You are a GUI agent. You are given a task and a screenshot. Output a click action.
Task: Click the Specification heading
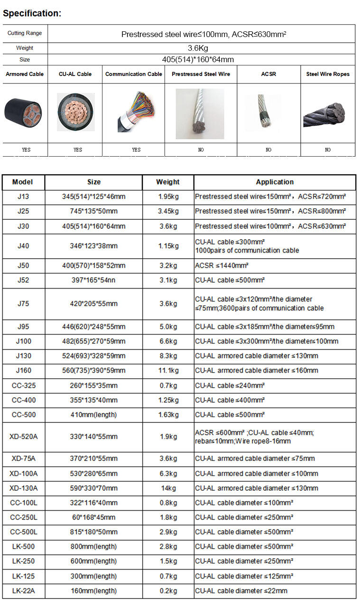[x=32, y=13]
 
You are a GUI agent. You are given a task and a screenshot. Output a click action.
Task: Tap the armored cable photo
[x=24, y=113]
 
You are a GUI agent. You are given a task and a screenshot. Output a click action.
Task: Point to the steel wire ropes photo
[x=328, y=114]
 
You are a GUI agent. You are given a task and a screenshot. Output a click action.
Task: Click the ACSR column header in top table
[x=268, y=74]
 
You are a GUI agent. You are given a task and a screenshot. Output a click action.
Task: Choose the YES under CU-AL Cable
[x=78, y=150]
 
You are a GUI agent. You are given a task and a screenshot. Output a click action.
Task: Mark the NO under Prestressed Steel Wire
[x=201, y=150]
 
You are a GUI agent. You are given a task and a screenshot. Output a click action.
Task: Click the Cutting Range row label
[x=25, y=33]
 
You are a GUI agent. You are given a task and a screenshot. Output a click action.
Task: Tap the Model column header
[x=23, y=182]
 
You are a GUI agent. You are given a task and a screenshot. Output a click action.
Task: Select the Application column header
[x=275, y=182]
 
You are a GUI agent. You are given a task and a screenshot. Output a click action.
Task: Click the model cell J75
[x=23, y=304]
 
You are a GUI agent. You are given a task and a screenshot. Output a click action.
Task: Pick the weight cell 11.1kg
[x=168, y=370]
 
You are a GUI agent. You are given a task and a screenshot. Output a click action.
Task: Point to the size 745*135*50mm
[x=93, y=211]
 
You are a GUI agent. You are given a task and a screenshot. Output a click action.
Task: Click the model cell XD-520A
[x=23, y=437]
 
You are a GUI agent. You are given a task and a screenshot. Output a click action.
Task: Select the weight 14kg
[x=168, y=488]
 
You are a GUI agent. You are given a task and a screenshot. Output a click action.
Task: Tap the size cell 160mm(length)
[x=93, y=591]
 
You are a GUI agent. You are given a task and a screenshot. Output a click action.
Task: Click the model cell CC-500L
[x=23, y=532]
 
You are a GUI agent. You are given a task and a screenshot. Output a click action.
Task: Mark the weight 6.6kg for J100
[x=168, y=341]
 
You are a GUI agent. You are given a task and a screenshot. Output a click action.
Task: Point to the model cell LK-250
[x=23, y=561]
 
